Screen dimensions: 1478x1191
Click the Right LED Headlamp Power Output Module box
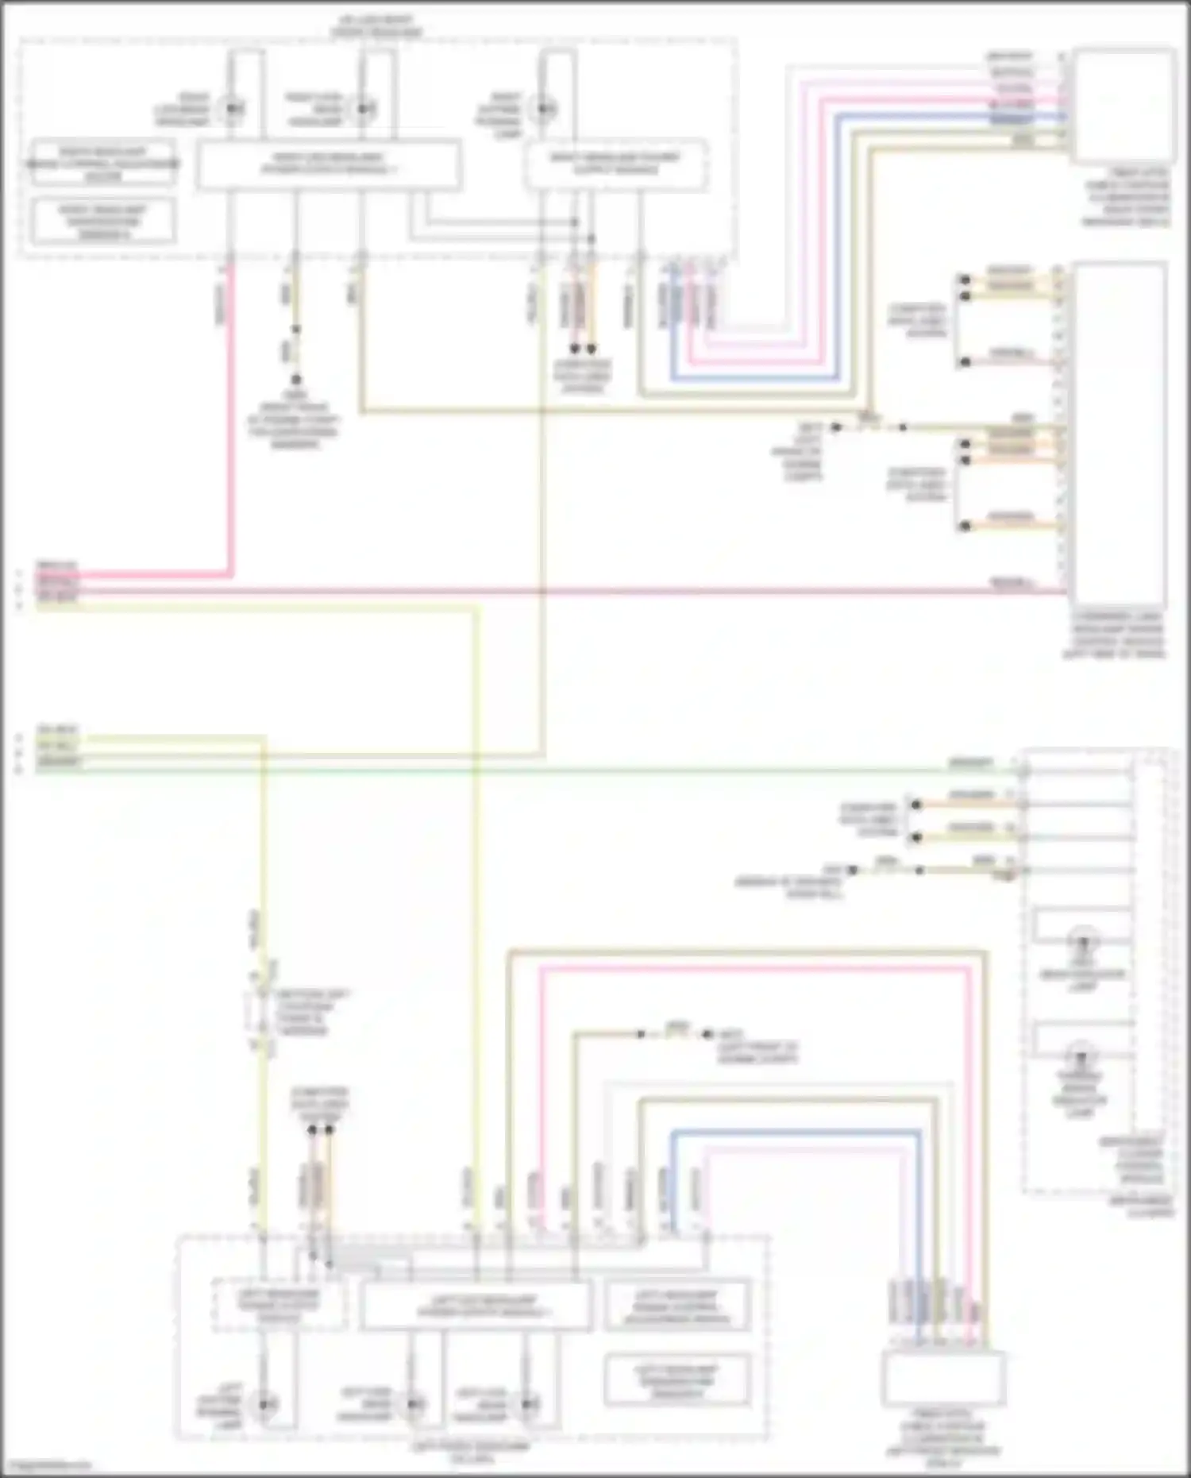(x=328, y=164)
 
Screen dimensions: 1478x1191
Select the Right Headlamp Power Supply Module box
(x=616, y=164)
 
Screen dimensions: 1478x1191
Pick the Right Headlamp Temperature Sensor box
(x=102, y=221)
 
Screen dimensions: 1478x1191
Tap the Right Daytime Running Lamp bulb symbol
(x=544, y=109)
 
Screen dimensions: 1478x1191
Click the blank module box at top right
(x=1123, y=106)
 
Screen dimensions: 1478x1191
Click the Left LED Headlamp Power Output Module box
(x=475, y=1306)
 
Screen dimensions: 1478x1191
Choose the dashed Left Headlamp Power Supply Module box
(x=279, y=1306)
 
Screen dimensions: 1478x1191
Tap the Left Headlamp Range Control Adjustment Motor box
(x=676, y=1306)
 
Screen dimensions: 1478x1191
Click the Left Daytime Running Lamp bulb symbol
(x=264, y=1405)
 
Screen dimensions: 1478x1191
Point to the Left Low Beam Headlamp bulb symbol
(x=413, y=1405)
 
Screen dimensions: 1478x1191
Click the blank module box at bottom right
(x=943, y=1380)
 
